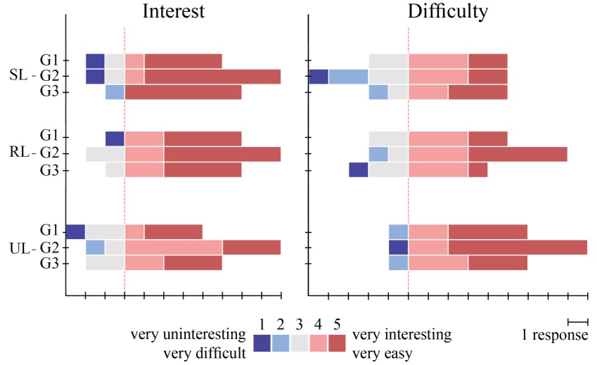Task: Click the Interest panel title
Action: (x=174, y=11)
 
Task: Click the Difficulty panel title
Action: (x=448, y=11)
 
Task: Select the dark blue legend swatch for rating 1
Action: (x=262, y=342)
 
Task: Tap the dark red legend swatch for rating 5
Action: (x=338, y=342)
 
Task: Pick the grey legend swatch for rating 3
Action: (x=300, y=342)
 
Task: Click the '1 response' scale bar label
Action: (x=555, y=335)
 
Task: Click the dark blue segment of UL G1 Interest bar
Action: (x=75, y=231)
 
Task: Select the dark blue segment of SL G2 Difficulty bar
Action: (x=319, y=77)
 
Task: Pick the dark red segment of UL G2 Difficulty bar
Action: (x=518, y=248)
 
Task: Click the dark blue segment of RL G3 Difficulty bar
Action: (x=359, y=169)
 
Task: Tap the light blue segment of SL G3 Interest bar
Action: (x=115, y=92)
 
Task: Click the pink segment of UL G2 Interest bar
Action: (x=174, y=248)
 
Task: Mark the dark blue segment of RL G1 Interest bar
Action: (x=115, y=139)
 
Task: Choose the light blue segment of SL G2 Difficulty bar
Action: (x=348, y=77)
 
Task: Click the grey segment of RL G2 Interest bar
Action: (x=105, y=154)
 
